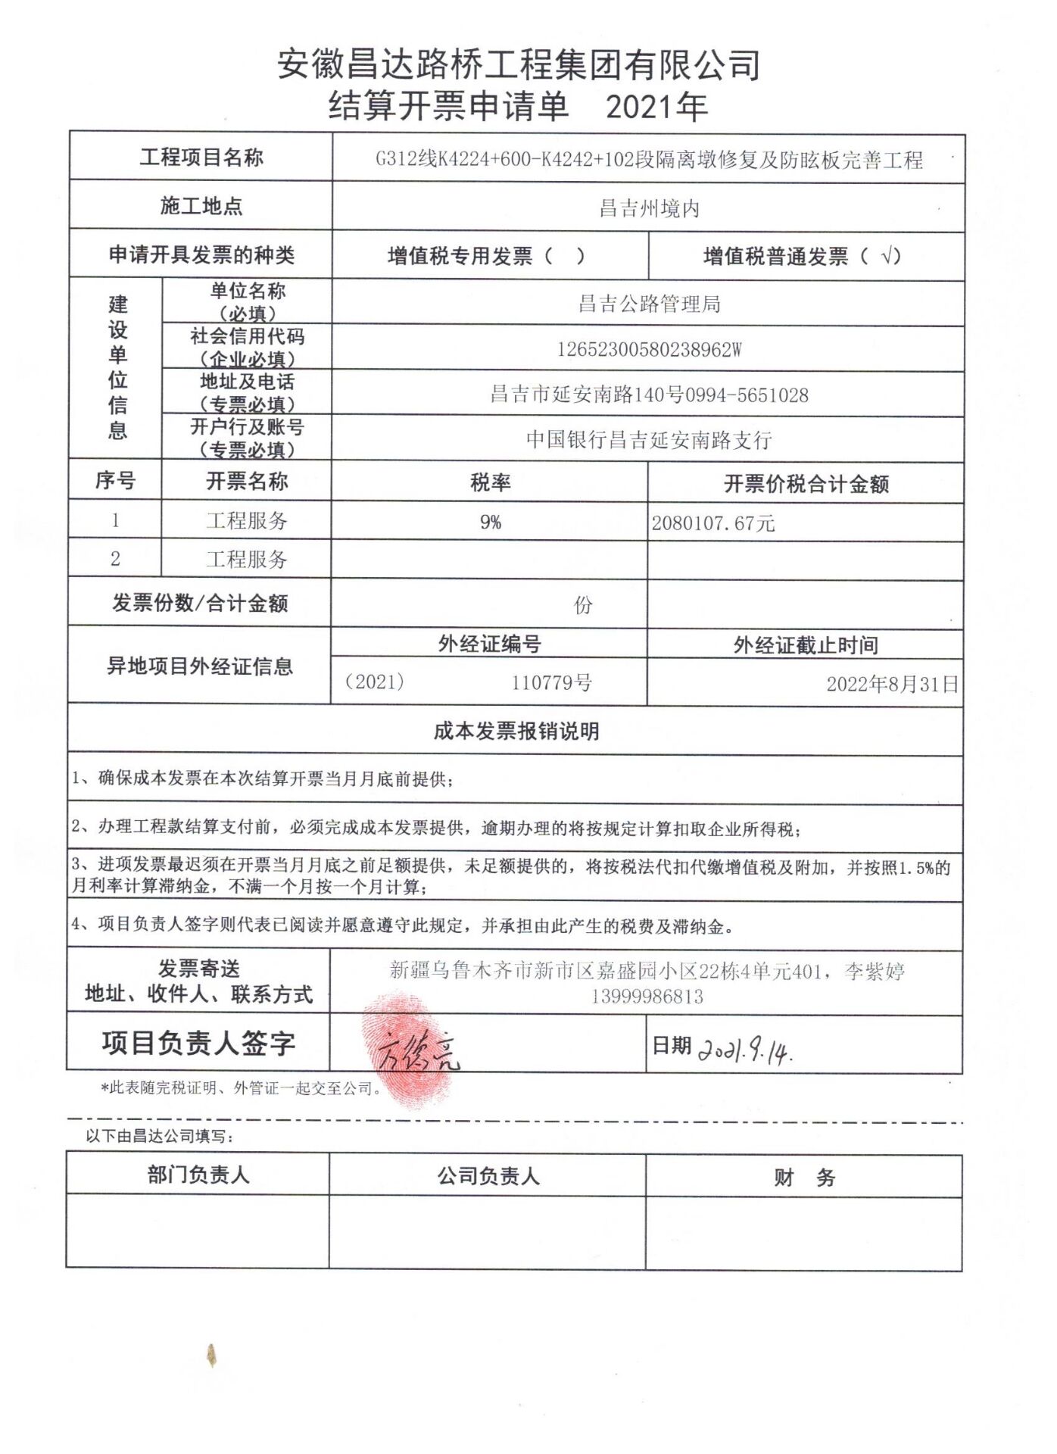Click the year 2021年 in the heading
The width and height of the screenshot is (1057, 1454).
click(x=656, y=108)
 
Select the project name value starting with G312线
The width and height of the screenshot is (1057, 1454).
click(x=649, y=160)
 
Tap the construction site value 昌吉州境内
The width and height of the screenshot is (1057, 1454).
click(x=649, y=208)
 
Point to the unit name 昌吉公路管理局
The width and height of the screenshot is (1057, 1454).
click(x=649, y=304)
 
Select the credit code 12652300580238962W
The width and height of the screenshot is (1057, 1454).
click(x=649, y=350)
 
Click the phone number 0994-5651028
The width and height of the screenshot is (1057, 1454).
click(x=747, y=395)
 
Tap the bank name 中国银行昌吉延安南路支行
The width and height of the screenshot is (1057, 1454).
click(x=649, y=440)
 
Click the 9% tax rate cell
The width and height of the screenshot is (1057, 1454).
click(x=490, y=522)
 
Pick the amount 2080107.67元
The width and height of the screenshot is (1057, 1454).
click(x=713, y=523)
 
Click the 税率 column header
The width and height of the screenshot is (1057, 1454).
click(x=490, y=482)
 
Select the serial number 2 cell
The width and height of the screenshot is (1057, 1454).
click(x=115, y=559)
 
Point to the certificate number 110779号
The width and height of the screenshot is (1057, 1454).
click(x=551, y=683)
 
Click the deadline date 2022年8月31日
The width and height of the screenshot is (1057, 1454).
click(x=892, y=685)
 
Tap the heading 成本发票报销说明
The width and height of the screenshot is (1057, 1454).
click(x=516, y=732)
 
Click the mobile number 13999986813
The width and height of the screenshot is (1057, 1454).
click(x=647, y=997)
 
